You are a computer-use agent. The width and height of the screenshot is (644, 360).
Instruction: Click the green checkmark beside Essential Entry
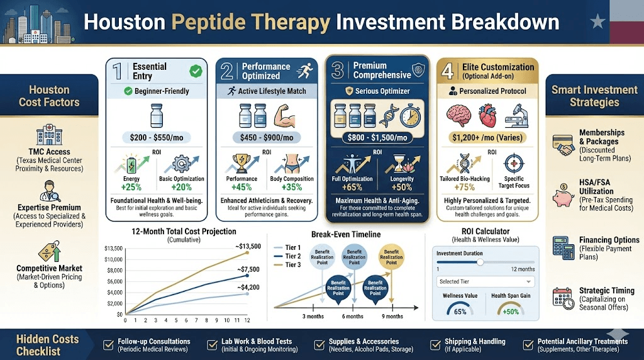[196, 71]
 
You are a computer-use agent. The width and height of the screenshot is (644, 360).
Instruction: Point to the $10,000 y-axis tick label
[114, 259]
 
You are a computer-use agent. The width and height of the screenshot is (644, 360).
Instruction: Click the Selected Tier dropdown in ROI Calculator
[485, 281]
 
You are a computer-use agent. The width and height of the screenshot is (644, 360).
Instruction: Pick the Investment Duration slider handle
[480, 262]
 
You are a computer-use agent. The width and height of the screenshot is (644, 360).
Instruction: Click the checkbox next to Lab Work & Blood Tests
[212, 344]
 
